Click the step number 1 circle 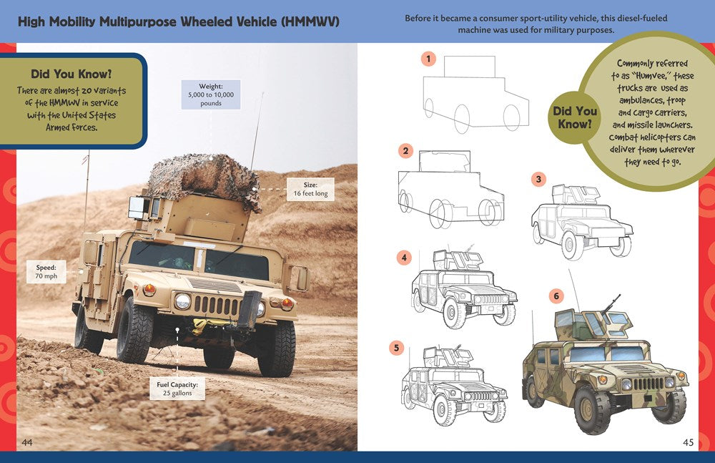pyautogui.click(x=428, y=59)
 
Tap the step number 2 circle pyautogui.click(x=406, y=151)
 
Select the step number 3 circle pyautogui.click(x=539, y=180)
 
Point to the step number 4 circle pyautogui.click(x=405, y=257)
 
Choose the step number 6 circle pyautogui.click(x=556, y=295)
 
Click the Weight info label pyautogui.click(x=211, y=94)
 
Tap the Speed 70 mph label pyautogui.click(x=46, y=272)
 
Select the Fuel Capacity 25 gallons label pyautogui.click(x=177, y=389)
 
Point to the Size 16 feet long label pyautogui.click(x=310, y=189)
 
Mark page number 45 pyautogui.click(x=688, y=443)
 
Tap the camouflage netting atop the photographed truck pyautogui.click(x=204, y=177)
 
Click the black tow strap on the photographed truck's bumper pyautogui.click(x=250, y=311)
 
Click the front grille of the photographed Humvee pyautogui.click(x=214, y=304)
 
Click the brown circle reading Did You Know pyautogui.click(x=575, y=117)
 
